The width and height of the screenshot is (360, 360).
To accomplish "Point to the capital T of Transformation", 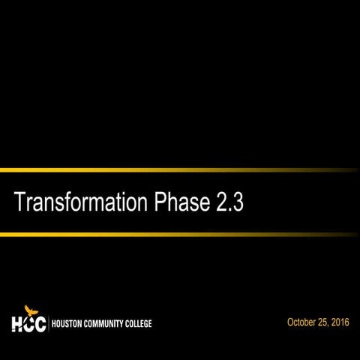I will [x=20, y=203].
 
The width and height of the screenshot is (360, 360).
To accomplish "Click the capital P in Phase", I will [x=159, y=203].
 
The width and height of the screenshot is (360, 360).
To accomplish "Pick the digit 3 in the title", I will [x=238, y=203].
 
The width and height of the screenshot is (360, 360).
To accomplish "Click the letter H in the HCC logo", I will [x=17, y=324].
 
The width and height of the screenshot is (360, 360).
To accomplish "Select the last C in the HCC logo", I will [x=40, y=324].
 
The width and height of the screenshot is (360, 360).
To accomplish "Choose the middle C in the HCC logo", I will [x=29, y=324].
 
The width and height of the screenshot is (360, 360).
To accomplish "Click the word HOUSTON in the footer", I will [x=68, y=324].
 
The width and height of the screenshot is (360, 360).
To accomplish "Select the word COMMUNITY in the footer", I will [x=106, y=324].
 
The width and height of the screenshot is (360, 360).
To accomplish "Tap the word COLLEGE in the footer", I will [x=139, y=324].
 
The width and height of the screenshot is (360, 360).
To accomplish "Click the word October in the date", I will [x=301, y=322].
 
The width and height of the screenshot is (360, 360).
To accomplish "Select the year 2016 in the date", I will [x=342, y=322].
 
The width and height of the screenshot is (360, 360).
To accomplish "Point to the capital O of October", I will [x=290, y=322].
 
